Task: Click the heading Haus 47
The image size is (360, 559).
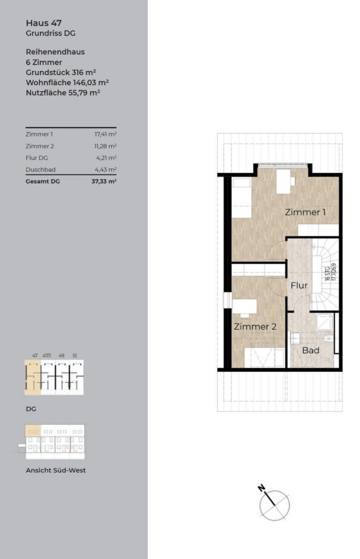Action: [44, 23]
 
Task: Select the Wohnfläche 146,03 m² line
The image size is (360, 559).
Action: [67, 83]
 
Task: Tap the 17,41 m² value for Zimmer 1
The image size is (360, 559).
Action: [105, 134]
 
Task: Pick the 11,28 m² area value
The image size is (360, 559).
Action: [105, 146]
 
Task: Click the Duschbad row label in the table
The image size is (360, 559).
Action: [40, 170]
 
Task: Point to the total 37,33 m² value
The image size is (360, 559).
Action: [104, 181]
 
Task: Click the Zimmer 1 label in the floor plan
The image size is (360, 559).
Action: [305, 212]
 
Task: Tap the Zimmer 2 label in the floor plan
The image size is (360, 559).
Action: [255, 326]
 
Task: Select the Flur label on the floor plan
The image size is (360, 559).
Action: [299, 286]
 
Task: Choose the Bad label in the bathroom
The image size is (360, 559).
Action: [310, 350]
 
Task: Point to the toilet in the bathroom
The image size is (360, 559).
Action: [329, 338]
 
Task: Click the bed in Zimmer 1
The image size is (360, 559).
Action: [242, 198]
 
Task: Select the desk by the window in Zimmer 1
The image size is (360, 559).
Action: [284, 181]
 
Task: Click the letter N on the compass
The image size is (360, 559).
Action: [261, 487]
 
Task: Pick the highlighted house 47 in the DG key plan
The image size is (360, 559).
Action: [33, 377]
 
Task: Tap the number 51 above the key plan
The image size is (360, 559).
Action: [74, 355]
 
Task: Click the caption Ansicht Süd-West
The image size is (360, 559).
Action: [56, 470]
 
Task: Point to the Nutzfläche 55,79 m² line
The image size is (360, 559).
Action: [63, 93]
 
